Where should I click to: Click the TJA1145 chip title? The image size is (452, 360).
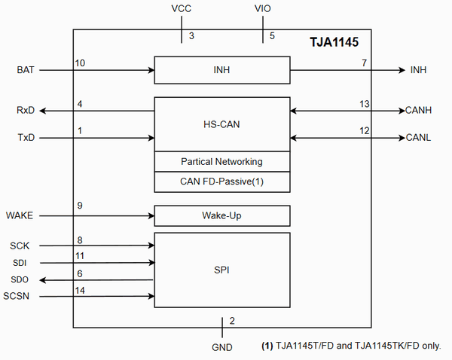pyautogui.click(x=337, y=44)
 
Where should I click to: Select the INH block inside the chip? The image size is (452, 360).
pyautogui.click(x=221, y=70)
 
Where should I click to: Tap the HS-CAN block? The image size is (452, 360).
pyautogui.click(x=221, y=124)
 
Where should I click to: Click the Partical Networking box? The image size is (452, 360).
pyautogui.click(x=221, y=162)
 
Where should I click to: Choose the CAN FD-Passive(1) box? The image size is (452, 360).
pyautogui.click(x=221, y=182)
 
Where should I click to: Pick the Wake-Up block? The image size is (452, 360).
pyautogui.click(x=221, y=216)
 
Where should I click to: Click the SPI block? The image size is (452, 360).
pyautogui.click(x=221, y=270)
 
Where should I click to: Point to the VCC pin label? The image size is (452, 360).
pyautogui.click(x=181, y=9)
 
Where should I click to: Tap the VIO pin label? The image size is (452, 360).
pyautogui.click(x=263, y=9)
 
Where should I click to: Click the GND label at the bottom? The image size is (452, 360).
pyautogui.click(x=222, y=347)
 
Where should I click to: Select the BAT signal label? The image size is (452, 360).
pyautogui.click(x=26, y=70)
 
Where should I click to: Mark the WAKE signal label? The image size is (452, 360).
pyautogui.click(x=21, y=216)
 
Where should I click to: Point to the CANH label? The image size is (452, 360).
pyautogui.click(x=420, y=111)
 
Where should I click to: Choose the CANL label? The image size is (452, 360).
pyautogui.click(x=419, y=139)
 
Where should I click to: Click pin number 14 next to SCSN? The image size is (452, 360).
pyautogui.click(x=81, y=290)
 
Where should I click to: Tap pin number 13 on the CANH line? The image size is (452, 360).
pyautogui.click(x=365, y=104)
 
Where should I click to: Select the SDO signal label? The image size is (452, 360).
pyautogui.click(x=20, y=279)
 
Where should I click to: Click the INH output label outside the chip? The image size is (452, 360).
pyautogui.click(x=418, y=70)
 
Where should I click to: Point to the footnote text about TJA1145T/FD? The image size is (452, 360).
pyautogui.click(x=351, y=346)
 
